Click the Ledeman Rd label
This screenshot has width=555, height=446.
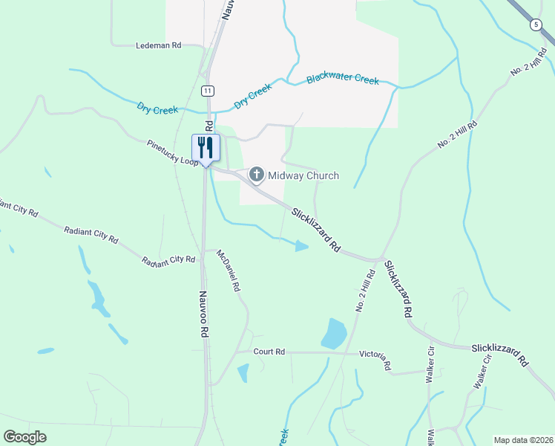point(159,45)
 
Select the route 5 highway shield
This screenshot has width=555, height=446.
point(536,25)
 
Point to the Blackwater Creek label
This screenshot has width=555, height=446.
point(343,80)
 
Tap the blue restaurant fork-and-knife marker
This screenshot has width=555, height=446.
point(206,147)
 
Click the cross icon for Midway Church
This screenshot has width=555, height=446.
point(257,175)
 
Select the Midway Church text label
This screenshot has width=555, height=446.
point(303,175)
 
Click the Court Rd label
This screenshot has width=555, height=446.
point(269,352)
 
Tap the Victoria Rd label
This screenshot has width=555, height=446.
point(375,360)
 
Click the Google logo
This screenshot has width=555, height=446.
point(25,436)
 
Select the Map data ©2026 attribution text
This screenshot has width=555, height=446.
point(522,439)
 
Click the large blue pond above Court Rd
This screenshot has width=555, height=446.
point(334,334)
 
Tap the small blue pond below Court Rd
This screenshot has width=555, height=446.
point(243,373)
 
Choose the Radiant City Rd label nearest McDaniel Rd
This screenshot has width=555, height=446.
point(169,260)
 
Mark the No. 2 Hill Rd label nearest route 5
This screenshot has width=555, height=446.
point(528,62)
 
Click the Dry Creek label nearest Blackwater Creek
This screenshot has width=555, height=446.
point(254,96)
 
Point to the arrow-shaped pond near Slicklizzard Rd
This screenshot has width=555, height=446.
point(301,246)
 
